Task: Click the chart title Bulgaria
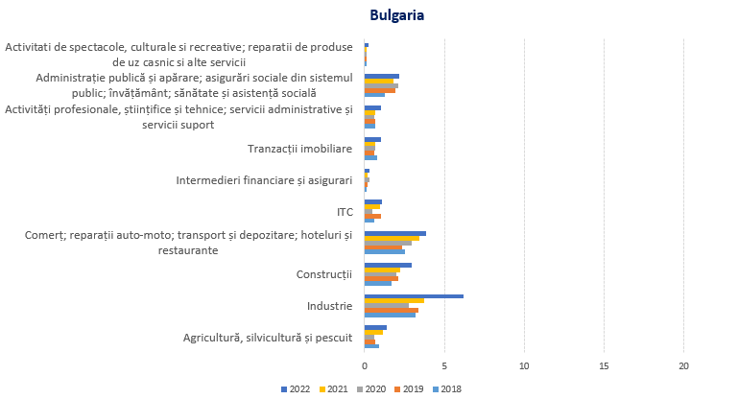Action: click(397, 15)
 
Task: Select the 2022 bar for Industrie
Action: click(414, 296)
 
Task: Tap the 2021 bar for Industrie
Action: click(394, 301)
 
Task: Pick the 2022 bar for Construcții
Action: click(388, 265)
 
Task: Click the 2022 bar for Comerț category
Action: click(395, 233)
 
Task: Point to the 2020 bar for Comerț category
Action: click(388, 243)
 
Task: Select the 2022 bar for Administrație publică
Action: click(382, 76)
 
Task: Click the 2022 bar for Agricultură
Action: click(375, 327)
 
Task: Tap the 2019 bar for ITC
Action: click(372, 216)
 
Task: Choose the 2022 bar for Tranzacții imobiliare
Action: click(372, 139)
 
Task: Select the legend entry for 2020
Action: click(374, 388)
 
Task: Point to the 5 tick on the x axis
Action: click(444, 365)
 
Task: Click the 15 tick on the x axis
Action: click(605, 365)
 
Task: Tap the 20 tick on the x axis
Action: click(684, 365)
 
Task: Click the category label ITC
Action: click(344, 212)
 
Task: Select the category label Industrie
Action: click(329, 306)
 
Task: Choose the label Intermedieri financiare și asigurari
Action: click(264, 180)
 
